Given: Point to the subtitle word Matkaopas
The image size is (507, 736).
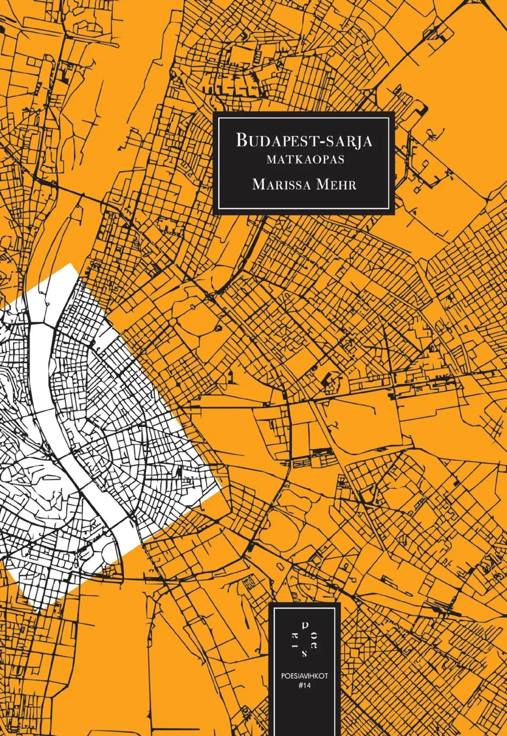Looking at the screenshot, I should pyautogui.click(x=305, y=160).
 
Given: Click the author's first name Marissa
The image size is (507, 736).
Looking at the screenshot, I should pyautogui.click(x=281, y=184).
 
